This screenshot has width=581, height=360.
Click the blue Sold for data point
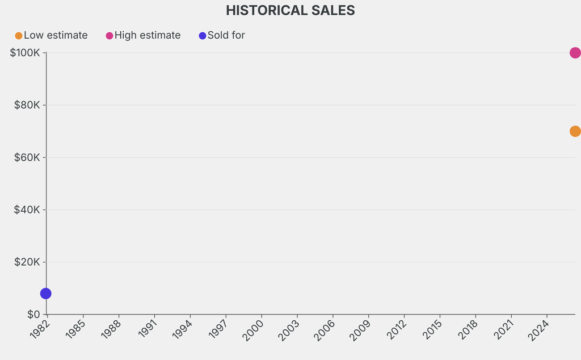(x=46, y=294)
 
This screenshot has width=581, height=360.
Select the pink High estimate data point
(x=575, y=53)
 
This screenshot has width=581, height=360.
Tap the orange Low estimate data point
(x=575, y=131)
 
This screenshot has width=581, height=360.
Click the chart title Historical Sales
(x=290, y=10)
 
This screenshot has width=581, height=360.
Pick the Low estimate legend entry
(x=52, y=35)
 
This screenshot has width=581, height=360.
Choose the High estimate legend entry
(x=144, y=35)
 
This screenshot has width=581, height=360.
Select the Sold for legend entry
(x=222, y=35)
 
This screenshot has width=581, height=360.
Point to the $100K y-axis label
(x=25, y=53)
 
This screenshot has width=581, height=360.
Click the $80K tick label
(x=27, y=105)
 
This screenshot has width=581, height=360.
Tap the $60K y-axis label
(x=27, y=157)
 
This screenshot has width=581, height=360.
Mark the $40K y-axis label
(x=27, y=210)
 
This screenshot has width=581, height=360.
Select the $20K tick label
(x=27, y=262)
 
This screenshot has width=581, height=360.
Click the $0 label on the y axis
(x=33, y=314)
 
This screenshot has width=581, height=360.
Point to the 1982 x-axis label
(x=39, y=330)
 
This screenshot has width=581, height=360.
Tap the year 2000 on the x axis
(x=254, y=330)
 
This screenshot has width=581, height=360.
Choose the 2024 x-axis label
(x=540, y=330)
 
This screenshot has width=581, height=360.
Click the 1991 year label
(x=146, y=330)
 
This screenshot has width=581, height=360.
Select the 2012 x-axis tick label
(x=397, y=330)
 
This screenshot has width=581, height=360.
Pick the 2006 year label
(x=325, y=330)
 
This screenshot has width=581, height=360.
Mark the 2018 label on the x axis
(x=468, y=330)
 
